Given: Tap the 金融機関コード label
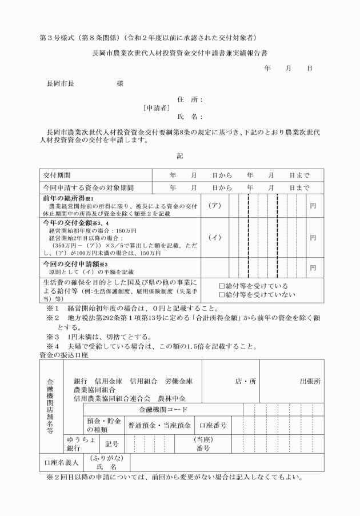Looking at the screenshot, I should pos(163,410).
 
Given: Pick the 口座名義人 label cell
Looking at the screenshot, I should pos(62,462).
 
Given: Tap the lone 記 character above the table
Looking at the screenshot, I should pos(180,155).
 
